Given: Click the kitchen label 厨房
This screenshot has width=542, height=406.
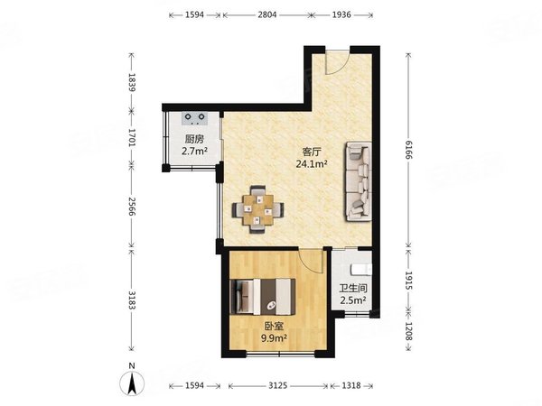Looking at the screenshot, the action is tap(194, 139).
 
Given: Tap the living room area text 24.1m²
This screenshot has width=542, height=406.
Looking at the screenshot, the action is tap(312, 163).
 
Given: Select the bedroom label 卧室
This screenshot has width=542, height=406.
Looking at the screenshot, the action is tap(274, 326).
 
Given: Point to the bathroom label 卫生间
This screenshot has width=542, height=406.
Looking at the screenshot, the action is tap(353, 289).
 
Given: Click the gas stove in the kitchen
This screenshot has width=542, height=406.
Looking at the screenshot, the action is tap(194, 118).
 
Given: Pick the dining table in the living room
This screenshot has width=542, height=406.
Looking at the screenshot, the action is tap(258, 209).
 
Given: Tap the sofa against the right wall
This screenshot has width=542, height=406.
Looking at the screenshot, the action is tap(358, 181).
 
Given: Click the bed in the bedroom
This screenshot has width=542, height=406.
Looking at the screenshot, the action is tap(263, 297).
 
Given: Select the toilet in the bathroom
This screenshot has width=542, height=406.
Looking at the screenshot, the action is tap(361, 269).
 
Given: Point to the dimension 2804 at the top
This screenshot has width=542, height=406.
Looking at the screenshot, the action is tap(266, 14).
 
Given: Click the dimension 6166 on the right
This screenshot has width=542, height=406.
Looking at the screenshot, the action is tap(408, 150).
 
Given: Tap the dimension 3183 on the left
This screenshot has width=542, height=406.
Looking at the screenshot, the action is tap(132, 300).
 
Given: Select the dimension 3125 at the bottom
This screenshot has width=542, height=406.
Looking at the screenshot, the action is tap(278, 385).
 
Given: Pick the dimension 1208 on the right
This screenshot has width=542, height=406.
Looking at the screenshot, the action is tap(408, 331).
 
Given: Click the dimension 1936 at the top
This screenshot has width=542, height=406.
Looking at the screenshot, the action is tap(341, 14).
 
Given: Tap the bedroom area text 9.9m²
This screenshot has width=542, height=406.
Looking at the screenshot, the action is tap(274, 338).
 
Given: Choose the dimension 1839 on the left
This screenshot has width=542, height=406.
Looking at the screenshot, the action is tap(132, 82).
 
